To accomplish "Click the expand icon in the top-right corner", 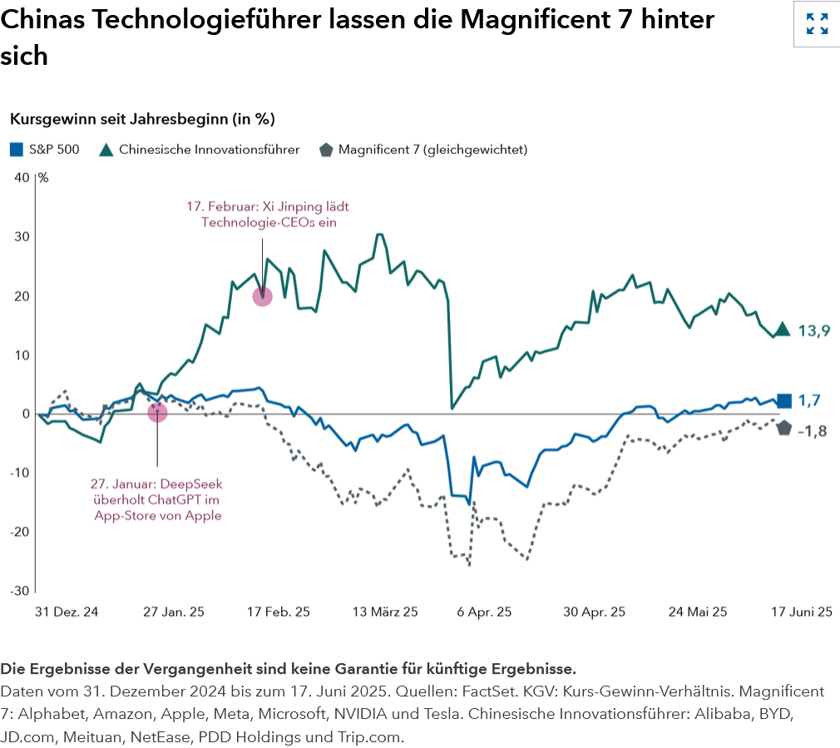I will pyautogui.click(x=817, y=24).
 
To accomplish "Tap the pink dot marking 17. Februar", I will pyautogui.click(x=263, y=295).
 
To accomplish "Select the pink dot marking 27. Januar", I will pyautogui.click(x=157, y=412).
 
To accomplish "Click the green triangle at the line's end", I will pyautogui.click(x=783, y=329).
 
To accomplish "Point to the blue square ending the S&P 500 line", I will pyautogui.click(x=783, y=401).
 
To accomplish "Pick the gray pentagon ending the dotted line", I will pyautogui.click(x=783, y=428).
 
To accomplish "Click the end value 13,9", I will pyautogui.click(x=813, y=331).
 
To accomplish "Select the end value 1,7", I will pyautogui.click(x=809, y=401).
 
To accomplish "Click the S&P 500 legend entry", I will pyautogui.click(x=46, y=150).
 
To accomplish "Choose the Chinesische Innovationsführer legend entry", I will pyautogui.click(x=200, y=150).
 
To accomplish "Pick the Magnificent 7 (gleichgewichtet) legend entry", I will pyautogui.click(x=424, y=150).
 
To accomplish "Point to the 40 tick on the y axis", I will pyautogui.click(x=22, y=177).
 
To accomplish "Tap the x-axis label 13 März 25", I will pyautogui.click(x=385, y=612).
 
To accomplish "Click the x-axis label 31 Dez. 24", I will pyautogui.click(x=67, y=612).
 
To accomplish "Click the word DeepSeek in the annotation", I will pyautogui.click(x=193, y=483).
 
